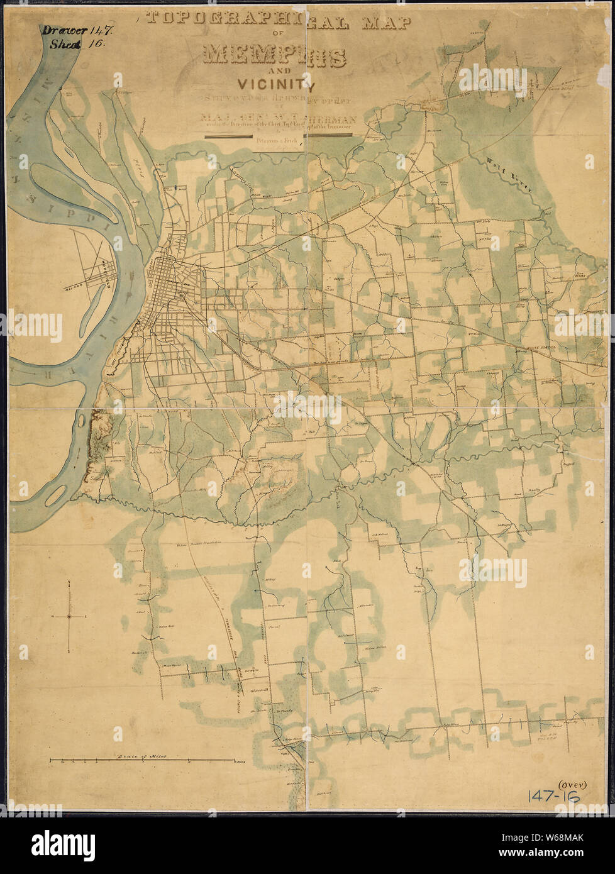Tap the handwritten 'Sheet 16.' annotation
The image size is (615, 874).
click(x=71, y=45)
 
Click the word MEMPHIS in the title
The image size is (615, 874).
click(x=275, y=57)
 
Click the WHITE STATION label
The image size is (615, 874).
click(x=542, y=347)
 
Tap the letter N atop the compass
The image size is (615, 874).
click(x=69, y=585)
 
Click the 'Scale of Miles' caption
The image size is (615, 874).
click(x=137, y=756)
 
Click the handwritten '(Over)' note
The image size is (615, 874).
click(x=567, y=783)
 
